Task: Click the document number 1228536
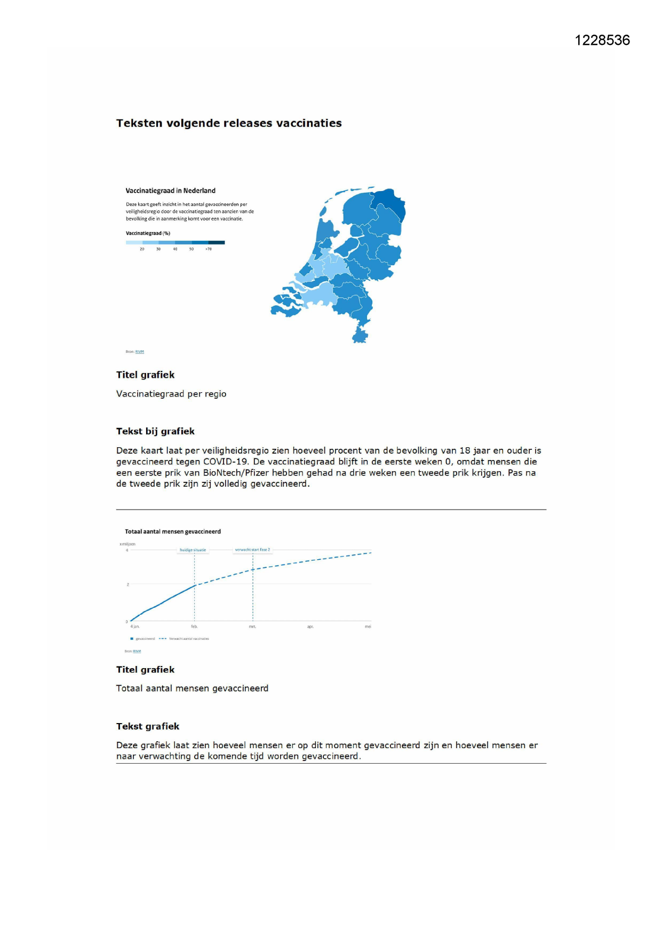(602, 41)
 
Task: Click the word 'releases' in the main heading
(248, 123)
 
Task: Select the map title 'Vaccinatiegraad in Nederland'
(170, 191)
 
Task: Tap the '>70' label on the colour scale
(208, 249)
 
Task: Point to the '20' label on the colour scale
(142, 249)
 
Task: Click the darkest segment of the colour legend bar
(217, 242)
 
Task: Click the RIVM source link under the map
(140, 352)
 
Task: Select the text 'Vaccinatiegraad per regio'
(171, 394)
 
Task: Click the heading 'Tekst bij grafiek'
(155, 431)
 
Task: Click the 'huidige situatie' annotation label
(193, 550)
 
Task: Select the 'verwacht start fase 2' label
(252, 550)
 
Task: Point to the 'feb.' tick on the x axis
(194, 626)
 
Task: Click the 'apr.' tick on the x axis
(310, 626)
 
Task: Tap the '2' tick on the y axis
(127, 584)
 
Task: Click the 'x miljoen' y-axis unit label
(127, 544)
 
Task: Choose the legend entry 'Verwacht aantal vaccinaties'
(189, 639)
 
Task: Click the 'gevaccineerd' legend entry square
(132, 639)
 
